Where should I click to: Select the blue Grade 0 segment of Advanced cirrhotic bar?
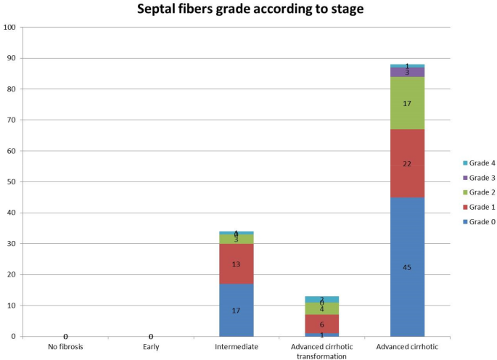pyautogui.click(x=407, y=266)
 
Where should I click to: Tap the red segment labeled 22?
pyautogui.click(x=407, y=163)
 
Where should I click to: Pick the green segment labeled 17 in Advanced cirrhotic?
pyautogui.click(x=407, y=103)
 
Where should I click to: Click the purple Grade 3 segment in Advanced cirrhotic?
pyautogui.click(x=407, y=73)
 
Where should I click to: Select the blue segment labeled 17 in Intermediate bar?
pyautogui.click(x=237, y=310)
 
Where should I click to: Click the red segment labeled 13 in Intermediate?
pyautogui.click(x=237, y=263)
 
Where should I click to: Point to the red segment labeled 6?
pyautogui.click(x=321, y=324)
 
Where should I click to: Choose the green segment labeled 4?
pyautogui.click(x=321, y=308)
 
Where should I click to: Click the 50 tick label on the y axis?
pyautogui.click(x=12, y=182)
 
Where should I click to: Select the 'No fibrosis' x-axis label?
pyautogui.click(x=65, y=347)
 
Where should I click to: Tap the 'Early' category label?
pyautogui.click(x=151, y=347)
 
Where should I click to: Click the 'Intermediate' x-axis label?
pyautogui.click(x=237, y=347)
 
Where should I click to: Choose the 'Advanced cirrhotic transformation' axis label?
pyautogui.click(x=321, y=351)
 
